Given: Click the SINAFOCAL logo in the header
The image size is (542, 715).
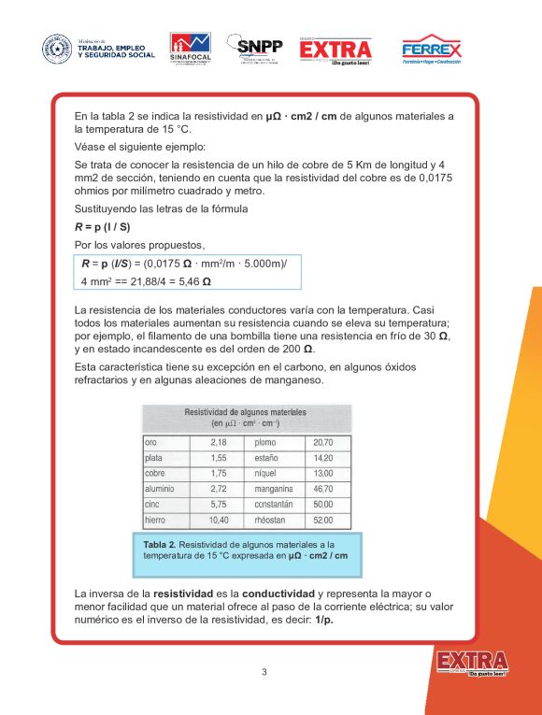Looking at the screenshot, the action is (x=190, y=49).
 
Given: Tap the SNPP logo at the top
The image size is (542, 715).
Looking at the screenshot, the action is (x=260, y=49).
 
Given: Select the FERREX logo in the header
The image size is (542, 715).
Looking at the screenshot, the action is (x=431, y=50).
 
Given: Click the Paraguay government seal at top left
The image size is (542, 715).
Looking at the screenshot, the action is (x=56, y=49).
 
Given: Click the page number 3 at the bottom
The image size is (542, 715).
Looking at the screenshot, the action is (x=264, y=672).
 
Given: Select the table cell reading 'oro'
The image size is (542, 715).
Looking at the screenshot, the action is (x=151, y=442).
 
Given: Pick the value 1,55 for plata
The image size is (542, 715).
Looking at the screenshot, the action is (x=219, y=458).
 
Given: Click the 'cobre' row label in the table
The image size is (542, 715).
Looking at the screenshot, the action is (x=154, y=473).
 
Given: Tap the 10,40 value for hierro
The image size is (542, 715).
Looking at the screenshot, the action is (x=219, y=520).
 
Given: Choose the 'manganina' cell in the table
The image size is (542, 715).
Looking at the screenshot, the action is (x=274, y=489).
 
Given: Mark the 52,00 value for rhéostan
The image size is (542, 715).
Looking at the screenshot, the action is (x=323, y=520).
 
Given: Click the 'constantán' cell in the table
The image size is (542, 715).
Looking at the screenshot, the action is (x=274, y=504).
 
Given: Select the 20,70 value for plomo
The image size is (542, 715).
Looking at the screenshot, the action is (x=323, y=442).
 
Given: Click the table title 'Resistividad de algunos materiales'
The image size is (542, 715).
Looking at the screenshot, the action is (x=246, y=411).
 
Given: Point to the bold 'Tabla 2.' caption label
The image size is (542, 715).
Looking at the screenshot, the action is (x=160, y=544).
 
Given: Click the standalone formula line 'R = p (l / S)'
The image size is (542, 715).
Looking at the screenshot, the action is (x=103, y=226).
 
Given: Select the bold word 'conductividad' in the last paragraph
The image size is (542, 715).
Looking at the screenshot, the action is (x=278, y=593).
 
